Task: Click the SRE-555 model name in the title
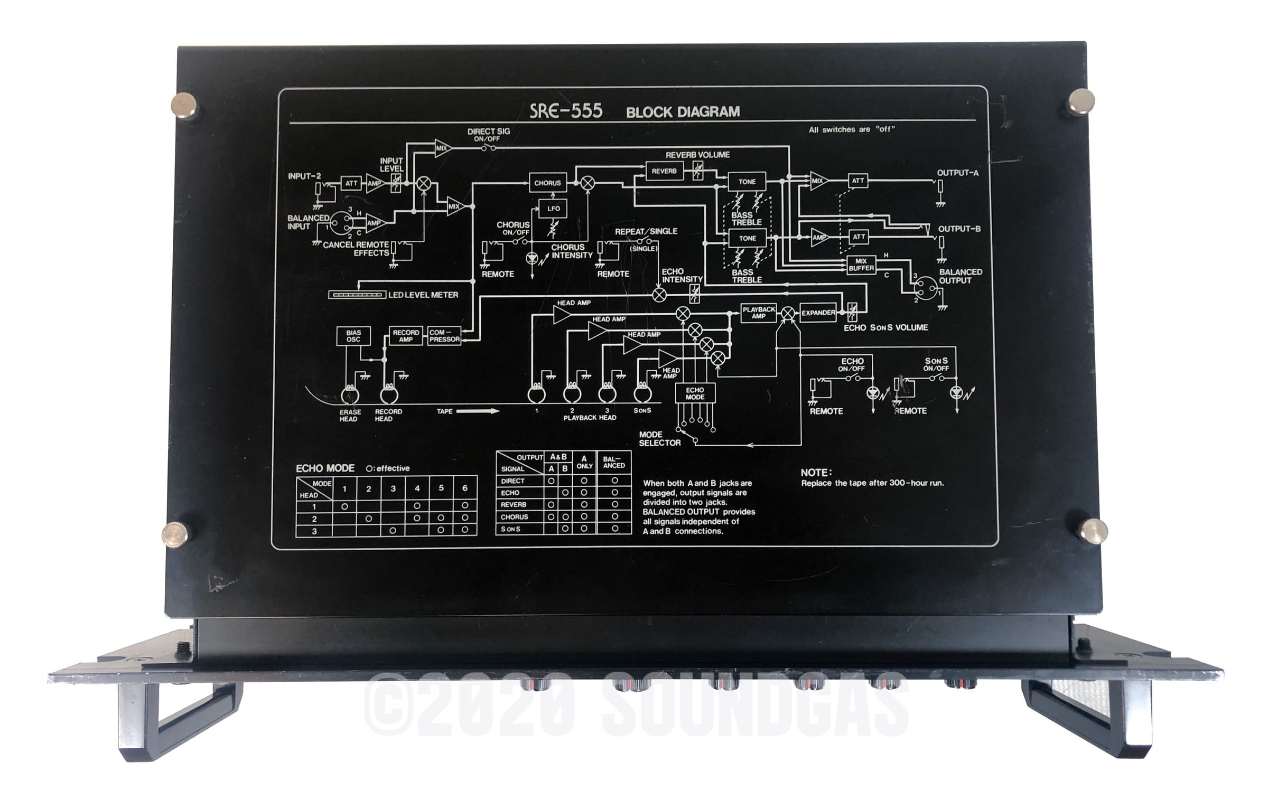[x=566, y=111]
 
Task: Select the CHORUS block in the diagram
[x=547, y=183]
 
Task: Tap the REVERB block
[x=664, y=171]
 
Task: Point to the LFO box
[x=553, y=209]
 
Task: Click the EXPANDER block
[x=818, y=313]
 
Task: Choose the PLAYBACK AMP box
[x=759, y=313]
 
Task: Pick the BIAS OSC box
[x=353, y=336]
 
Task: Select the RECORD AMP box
[x=406, y=336]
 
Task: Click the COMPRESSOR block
[x=444, y=336]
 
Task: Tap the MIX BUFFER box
[x=861, y=264]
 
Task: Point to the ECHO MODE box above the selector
[x=695, y=393]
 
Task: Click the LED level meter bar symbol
[x=357, y=295]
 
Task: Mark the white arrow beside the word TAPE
[x=478, y=411]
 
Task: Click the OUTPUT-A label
[x=958, y=173]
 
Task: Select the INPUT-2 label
[x=304, y=176]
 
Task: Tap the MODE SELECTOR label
[x=659, y=439]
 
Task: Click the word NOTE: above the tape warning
[x=816, y=473]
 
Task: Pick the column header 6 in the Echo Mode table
[x=465, y=488]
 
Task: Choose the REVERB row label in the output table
[x=514, y=504]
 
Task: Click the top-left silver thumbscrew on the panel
[x=187, y=105]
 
